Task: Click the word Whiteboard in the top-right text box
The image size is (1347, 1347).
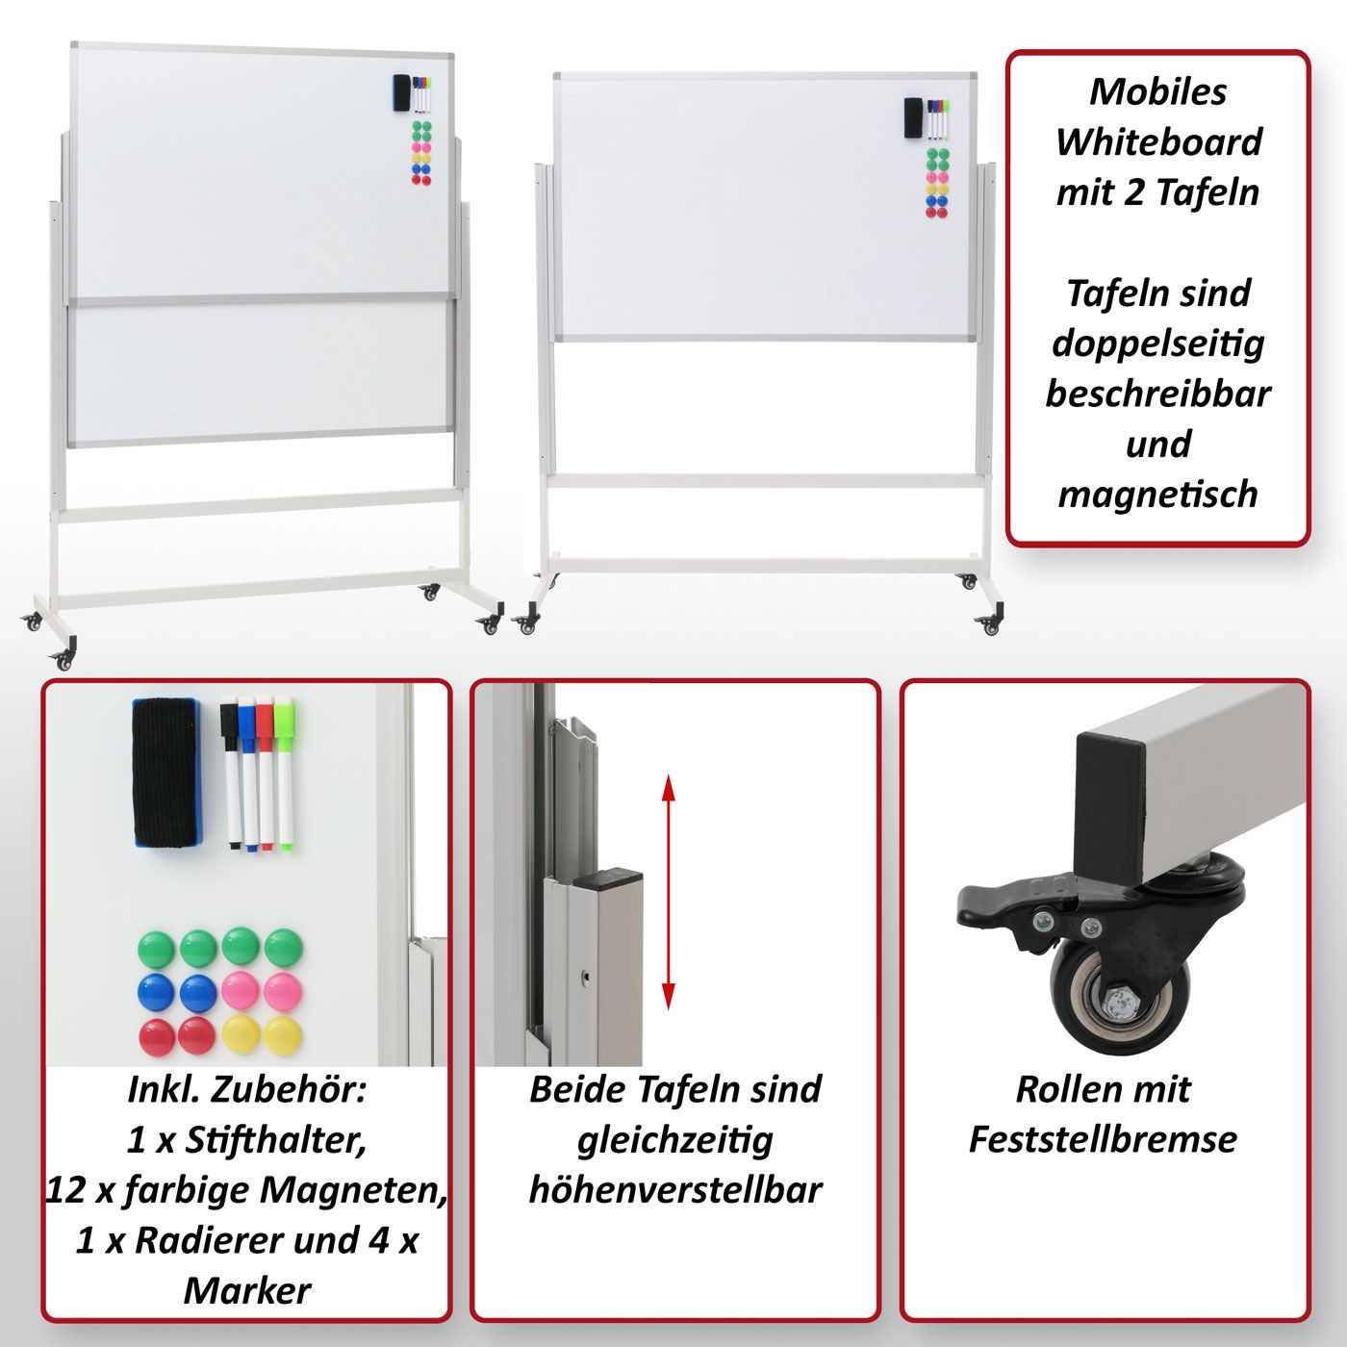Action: coord(1158,141)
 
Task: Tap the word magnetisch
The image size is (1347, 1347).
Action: coord(1157,495)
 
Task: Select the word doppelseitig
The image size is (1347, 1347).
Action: coord(1158,344)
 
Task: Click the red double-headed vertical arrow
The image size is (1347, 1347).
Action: coord(669,891)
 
